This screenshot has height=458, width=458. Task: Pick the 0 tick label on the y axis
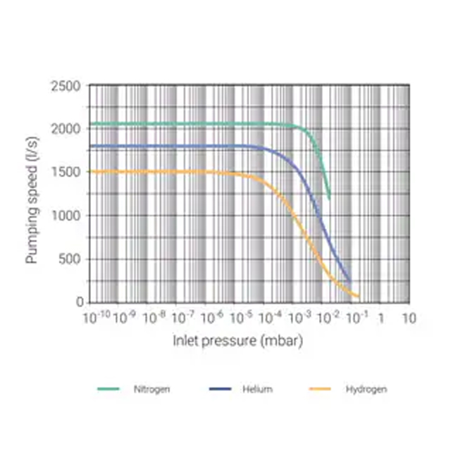click(x=80, y=303)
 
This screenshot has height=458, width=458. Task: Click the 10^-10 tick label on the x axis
click(x=97, y=318)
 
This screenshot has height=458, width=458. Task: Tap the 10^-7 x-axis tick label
click(x=183, y=318)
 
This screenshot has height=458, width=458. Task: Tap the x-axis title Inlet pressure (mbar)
click(x=238, y=342)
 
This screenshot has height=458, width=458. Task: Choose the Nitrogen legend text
click(x=151, y=389)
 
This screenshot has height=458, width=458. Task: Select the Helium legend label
click(x=258, y=389)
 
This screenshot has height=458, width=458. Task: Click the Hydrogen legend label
click(x=366, y=389)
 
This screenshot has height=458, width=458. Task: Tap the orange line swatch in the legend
click(x=321, y=389)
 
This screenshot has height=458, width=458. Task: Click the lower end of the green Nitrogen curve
click(x=329, y=198)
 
